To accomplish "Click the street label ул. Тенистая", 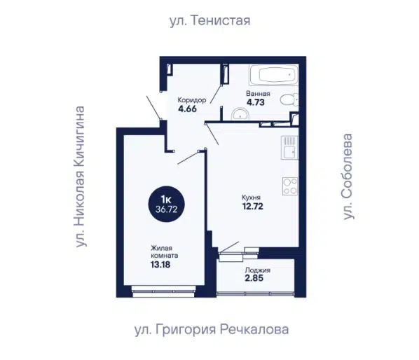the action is click(x=210, y=20).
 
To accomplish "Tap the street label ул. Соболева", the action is click(x=348, y=176).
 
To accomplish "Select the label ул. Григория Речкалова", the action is click(x=212, y=330).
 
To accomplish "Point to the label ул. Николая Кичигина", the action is click(x=80, y=176).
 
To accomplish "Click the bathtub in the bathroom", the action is click(x=274, y=74).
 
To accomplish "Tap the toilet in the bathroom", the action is click(x=289, y=99).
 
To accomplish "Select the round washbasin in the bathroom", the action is click(x=240, y=114).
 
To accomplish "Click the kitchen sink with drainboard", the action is click(x=289, y=148).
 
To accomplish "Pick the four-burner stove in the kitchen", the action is click(x=290, y=186).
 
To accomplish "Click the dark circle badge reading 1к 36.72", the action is click(x=167, y=204).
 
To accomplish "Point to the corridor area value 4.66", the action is click(x=187, y=109).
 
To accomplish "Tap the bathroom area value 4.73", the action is click(x=256, y=102).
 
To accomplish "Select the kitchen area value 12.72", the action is click(x=252, y=206).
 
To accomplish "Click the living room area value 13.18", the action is click(x=160, y=265).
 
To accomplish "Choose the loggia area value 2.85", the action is click(x=254, y=278).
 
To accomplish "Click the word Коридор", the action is click(x=192, y=100).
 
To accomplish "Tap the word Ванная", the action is click(x=258, y=93).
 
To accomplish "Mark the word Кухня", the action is click(x=251, y=198).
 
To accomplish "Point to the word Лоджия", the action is click(x=258, y=270).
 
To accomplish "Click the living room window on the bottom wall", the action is click(x=163, y=291).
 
